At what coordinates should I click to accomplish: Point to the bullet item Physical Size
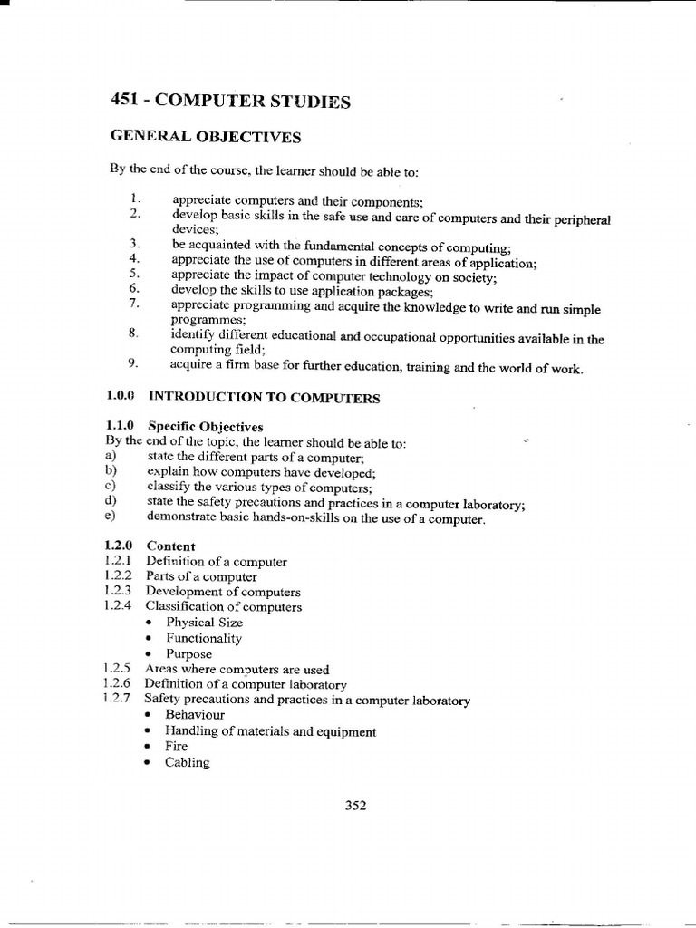pos(204,623)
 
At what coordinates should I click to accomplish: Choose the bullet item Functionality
pos(203,638)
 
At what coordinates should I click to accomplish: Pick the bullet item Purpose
pos(188,654)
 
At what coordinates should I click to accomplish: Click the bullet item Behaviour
pos(194,715)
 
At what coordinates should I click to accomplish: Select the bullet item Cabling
pos(187,762)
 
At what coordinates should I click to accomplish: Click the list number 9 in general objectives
pos(132,364)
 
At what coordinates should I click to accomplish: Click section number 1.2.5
pos(119,670)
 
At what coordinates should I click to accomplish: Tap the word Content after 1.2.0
pos(170,546)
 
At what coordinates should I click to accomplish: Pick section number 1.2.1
pos(119,562)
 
